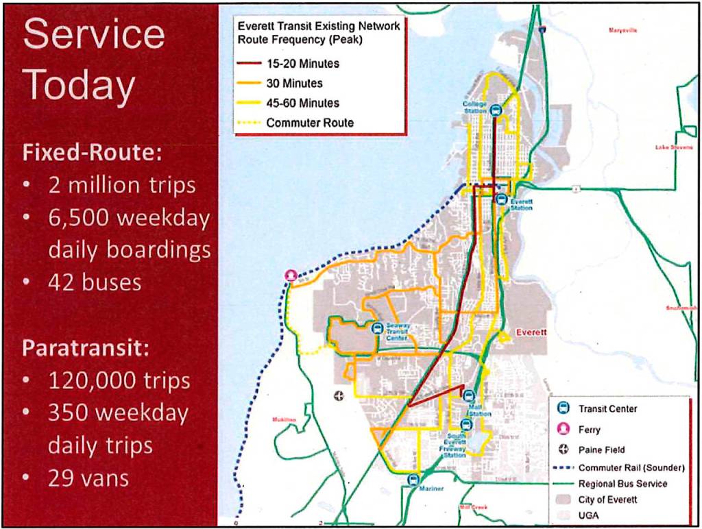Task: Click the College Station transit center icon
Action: pos(496,109)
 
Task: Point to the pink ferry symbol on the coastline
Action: pos(292,276)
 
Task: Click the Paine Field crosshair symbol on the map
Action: pos(338,395)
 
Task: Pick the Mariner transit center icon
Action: pos(413,480)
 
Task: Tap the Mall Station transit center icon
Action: pos(469,395)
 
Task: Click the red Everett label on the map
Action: pos(531,332)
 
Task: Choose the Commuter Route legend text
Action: pos(310,123)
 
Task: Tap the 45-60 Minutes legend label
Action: pos(302,103)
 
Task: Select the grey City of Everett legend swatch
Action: pos(564,500)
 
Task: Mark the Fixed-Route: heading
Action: pos(92,152)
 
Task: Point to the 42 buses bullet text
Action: pos(95,282)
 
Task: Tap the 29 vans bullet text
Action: pos(88,478)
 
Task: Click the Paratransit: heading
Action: pos(86,348)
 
